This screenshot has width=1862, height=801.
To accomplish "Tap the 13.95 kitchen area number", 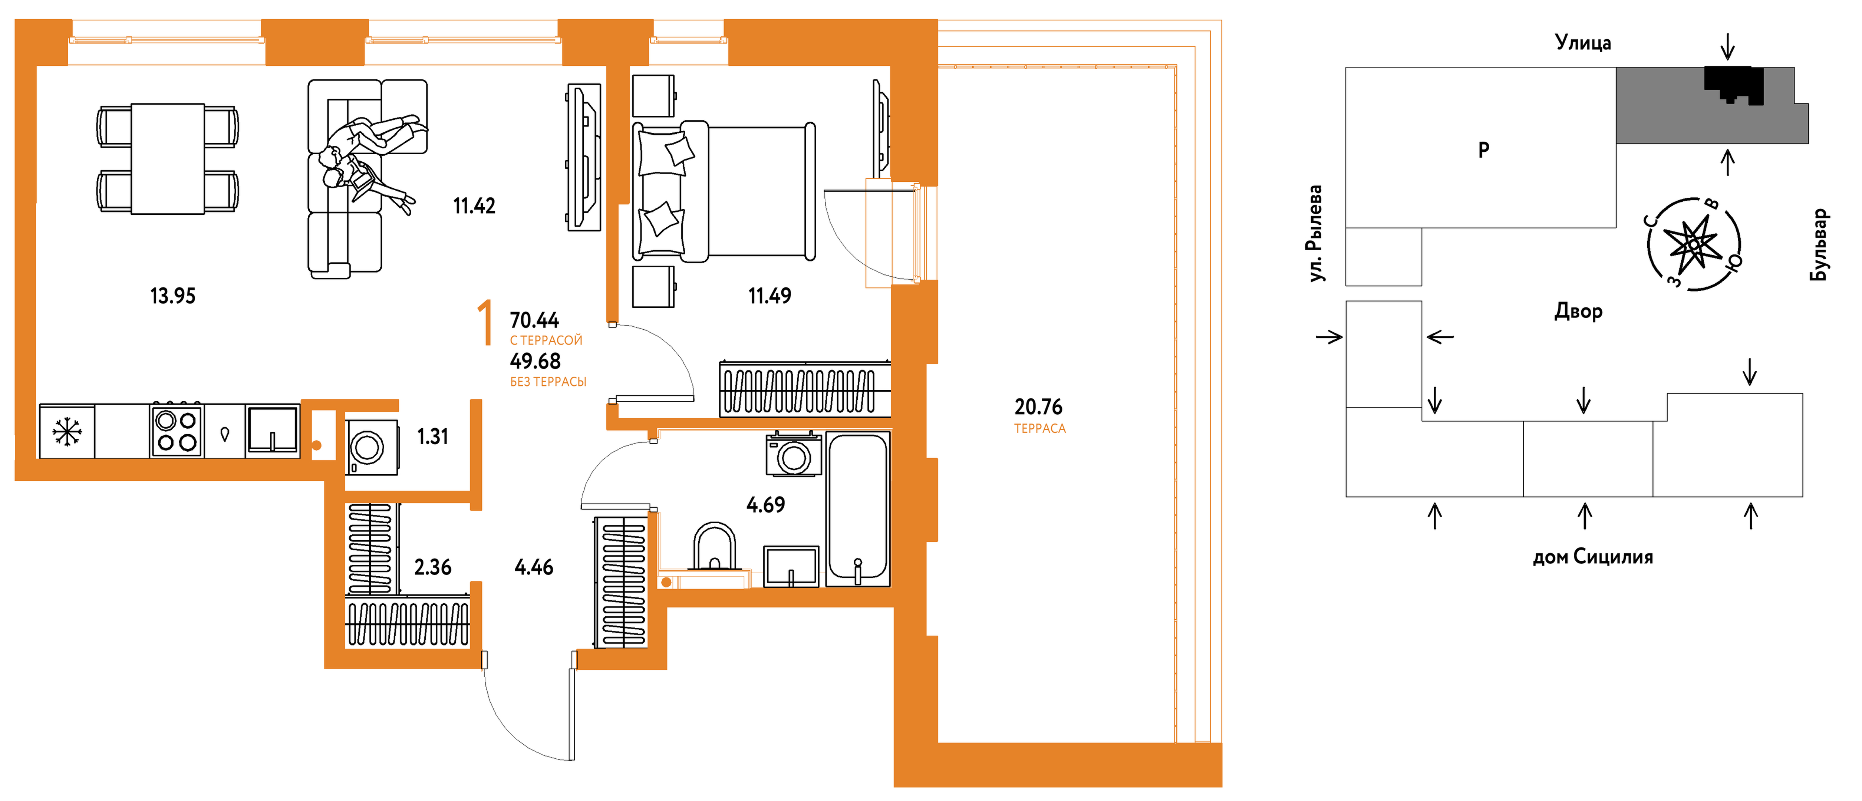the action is coord(173,296).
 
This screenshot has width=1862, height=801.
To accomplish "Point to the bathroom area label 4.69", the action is coord(765,505).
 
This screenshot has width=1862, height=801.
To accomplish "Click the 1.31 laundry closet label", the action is coord(432,436).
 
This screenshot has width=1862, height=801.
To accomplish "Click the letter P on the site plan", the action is coord(1484,150).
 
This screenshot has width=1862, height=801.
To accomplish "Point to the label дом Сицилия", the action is coord(1593,557).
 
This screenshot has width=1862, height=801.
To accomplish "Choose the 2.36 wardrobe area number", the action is coord(432,567).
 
